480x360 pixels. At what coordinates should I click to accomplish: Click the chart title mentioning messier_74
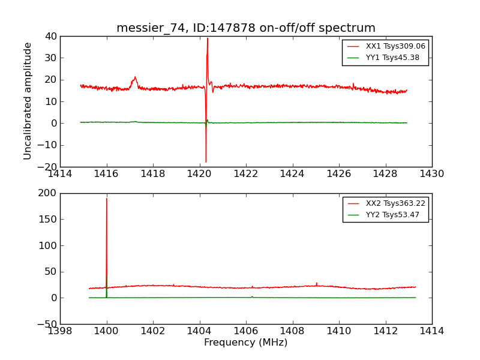click(246, 28)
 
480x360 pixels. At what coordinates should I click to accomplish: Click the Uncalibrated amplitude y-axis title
click(28, 101)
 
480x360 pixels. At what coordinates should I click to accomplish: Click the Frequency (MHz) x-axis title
click(246, 343)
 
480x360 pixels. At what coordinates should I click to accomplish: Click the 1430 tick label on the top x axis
click(431, 174)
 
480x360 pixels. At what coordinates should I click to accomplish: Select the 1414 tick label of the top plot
click(60, 174)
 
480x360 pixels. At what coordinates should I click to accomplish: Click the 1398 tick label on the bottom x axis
click(60, 331)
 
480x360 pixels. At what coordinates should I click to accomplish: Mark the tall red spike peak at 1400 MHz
click(107, 199)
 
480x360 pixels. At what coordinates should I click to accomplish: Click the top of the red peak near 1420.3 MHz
click(208, 38)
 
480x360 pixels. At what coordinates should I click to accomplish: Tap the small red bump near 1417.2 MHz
click(135, 77)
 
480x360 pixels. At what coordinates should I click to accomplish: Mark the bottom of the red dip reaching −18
click(206, 162)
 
